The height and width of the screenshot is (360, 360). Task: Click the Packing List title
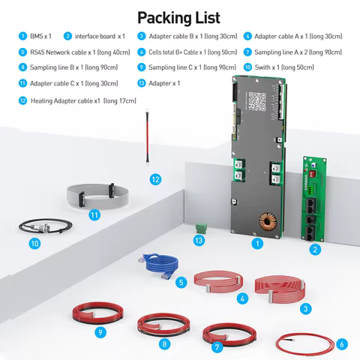179,16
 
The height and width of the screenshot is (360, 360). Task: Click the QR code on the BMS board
258,100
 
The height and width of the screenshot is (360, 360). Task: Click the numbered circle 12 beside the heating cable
154,180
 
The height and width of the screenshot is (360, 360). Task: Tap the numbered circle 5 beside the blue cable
181,283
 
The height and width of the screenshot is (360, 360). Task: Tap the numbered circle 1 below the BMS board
257,243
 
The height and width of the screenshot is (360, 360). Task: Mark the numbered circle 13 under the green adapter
198,240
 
